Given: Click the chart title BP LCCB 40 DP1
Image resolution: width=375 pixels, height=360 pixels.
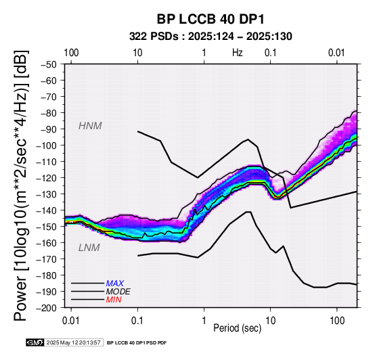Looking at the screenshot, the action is click(x=211, y=19).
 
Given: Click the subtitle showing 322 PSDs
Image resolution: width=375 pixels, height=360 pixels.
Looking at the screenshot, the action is click(x=211, y=37).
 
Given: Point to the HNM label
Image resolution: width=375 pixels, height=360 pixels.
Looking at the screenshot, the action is click(x=90, y=126).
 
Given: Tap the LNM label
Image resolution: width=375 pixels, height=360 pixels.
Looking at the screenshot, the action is click(x=89, y=248).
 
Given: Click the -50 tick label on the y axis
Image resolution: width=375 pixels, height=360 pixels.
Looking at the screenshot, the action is click(x=49, y=64).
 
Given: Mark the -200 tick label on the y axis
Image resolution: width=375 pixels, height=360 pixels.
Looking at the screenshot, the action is click(x=47, y=308).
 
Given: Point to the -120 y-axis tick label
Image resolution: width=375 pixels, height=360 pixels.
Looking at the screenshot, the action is click(x=47, y=178).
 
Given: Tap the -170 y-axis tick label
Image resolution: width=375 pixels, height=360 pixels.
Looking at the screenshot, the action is click(x=47, y=259).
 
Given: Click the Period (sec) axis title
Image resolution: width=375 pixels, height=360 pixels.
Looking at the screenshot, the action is click(x=237, y=328).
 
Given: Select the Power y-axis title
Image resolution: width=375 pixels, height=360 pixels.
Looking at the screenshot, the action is click(x=21, y=185).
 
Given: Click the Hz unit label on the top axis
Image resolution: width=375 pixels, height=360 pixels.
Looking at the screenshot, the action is click(x=237, y=53).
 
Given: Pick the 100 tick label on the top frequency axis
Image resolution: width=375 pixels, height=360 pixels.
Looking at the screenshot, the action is click(x=71, y=53).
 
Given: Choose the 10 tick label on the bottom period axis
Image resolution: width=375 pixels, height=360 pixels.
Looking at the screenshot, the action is click(x=271, y=321).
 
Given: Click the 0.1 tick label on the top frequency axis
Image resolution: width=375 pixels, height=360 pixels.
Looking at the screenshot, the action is click(x=271, y=53).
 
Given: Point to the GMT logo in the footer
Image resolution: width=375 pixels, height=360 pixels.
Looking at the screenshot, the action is click(x=35, y=342).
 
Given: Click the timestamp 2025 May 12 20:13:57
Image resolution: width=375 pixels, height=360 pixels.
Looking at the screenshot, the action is click(x=73, y=343).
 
